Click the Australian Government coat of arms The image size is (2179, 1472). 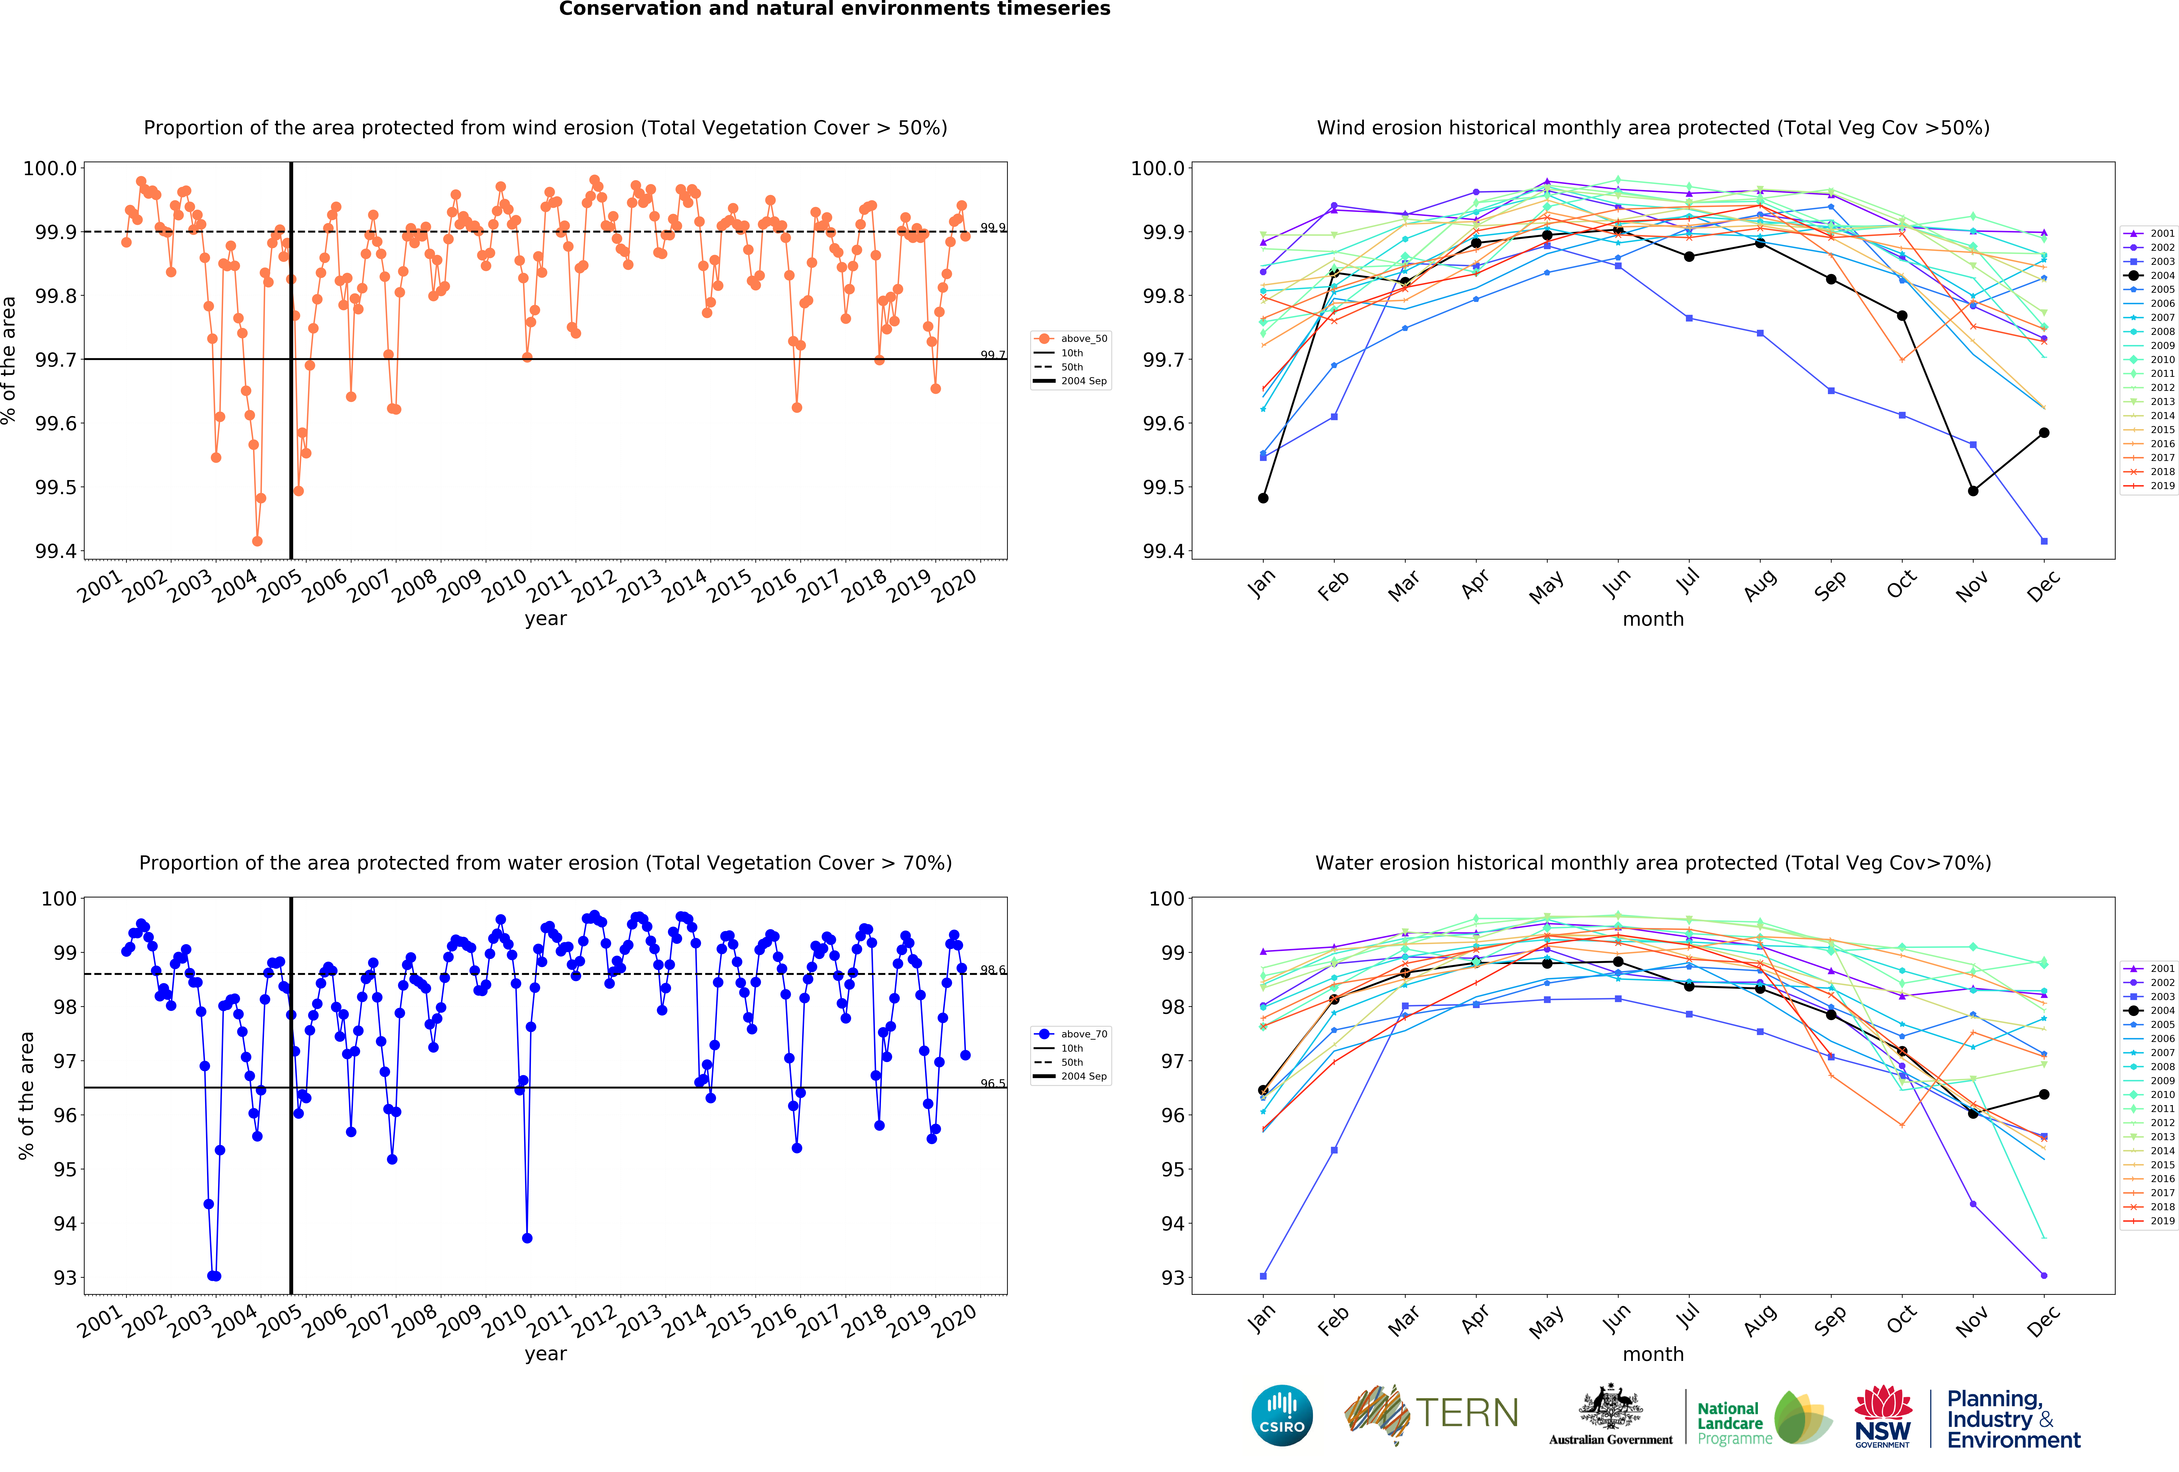pos(1610,1406)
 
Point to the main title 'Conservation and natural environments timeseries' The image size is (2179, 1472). pos(834,9)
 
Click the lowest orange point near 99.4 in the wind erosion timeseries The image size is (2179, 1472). pos(257,541)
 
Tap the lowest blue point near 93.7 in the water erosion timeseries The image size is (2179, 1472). pos(527,1238)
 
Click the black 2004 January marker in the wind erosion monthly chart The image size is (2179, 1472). pos(1263,498)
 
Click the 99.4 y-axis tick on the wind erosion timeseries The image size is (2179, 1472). pos(56,551)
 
